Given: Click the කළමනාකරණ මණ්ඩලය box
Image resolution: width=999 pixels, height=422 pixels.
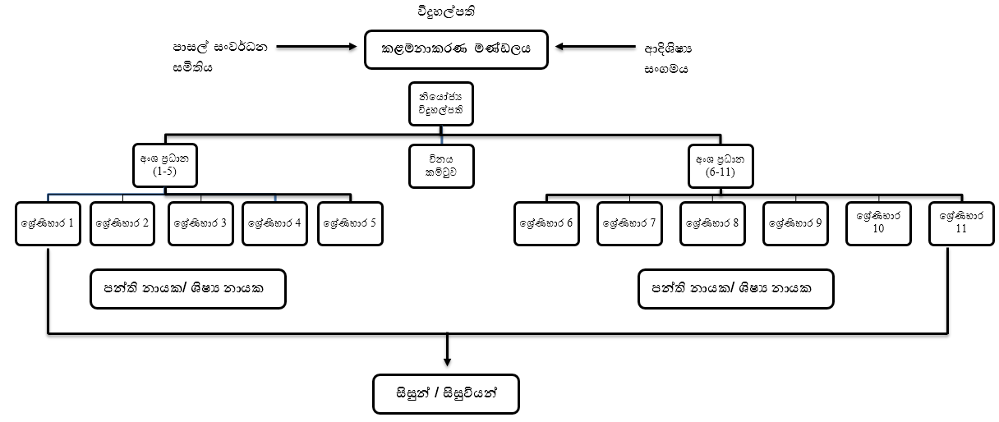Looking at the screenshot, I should (451, 49).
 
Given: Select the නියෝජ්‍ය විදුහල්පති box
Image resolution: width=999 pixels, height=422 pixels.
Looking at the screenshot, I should (440, 103).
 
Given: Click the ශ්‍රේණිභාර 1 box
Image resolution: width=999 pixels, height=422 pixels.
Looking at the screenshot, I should (48, 222).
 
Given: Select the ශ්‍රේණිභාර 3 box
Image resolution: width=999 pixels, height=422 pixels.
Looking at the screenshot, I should (200, 223).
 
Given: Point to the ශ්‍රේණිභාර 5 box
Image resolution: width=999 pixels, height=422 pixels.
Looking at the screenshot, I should (351, 223).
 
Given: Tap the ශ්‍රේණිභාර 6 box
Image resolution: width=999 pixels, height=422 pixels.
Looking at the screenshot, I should (547, 223).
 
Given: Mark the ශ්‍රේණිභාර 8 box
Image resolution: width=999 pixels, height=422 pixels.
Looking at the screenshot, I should (713, 223).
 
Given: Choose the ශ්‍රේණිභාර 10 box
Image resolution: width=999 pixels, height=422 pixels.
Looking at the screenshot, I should (879, 222).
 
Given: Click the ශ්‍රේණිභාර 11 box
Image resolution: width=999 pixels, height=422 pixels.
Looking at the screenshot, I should (961, 222).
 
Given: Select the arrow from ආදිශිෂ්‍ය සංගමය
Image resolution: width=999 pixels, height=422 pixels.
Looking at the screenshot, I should (586, 48).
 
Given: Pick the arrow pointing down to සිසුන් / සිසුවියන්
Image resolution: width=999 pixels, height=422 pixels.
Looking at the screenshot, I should (447, 349).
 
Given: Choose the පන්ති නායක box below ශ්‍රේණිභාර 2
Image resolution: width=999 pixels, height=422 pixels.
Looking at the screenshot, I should (187, 289).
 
